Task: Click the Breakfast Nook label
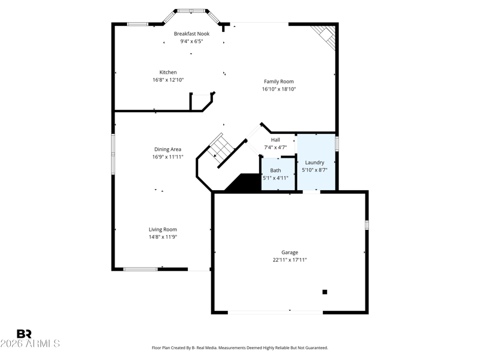click(191, 34)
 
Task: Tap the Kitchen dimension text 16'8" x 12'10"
click(168, 80)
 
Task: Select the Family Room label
click(279, 82)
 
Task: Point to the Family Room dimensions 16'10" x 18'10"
click(279, 89)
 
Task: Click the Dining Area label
click(168, 149)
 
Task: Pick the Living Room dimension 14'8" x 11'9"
click(163, 237)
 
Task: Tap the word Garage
click(290, 253)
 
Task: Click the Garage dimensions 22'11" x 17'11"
click(290, 260)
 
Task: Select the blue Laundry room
click(316, 161)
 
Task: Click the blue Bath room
click(278, 174)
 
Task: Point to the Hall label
click(275, 140)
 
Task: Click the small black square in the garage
click(325, 292)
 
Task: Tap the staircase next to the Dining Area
click(221, 148)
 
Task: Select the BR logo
click(24, 334)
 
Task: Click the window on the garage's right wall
click(367, 225)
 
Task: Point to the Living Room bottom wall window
click(140, 269)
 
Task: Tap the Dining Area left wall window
click(113, 154)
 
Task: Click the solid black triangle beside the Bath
click(244, 182)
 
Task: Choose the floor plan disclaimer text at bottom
click(240, 348)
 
